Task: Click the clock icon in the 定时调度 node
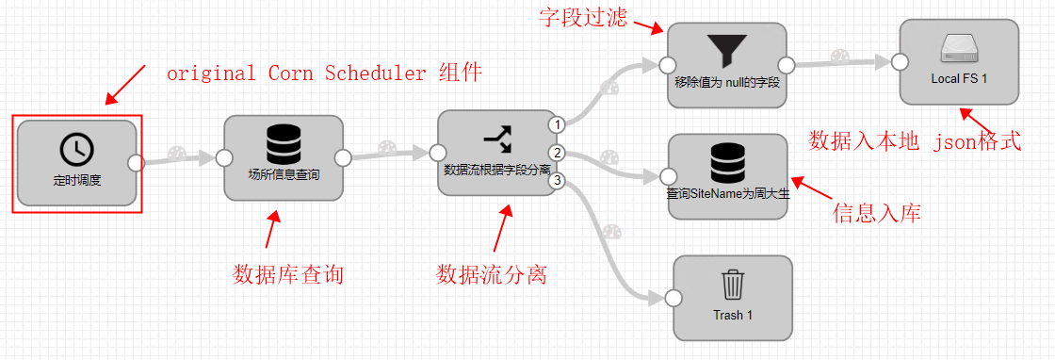[x=76, y=149]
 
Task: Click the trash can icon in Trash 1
[x=732, y=285]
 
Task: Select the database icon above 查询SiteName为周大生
[x=726, y=163]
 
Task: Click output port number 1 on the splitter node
[x=558, y=124]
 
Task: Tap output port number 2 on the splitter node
[x=558, y=153]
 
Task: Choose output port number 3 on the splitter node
[x=558, y=180]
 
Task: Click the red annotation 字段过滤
[x=583, y=18]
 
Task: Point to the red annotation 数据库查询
[x=288, y=275]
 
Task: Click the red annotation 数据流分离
[x=492, y=275]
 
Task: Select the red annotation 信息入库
[x=876, y=214]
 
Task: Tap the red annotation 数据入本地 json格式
[x=915, y=141]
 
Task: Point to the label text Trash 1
[x=733, y=315]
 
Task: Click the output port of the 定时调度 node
[x=136, y=162]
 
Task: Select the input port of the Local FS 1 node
[x=899, y=62]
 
